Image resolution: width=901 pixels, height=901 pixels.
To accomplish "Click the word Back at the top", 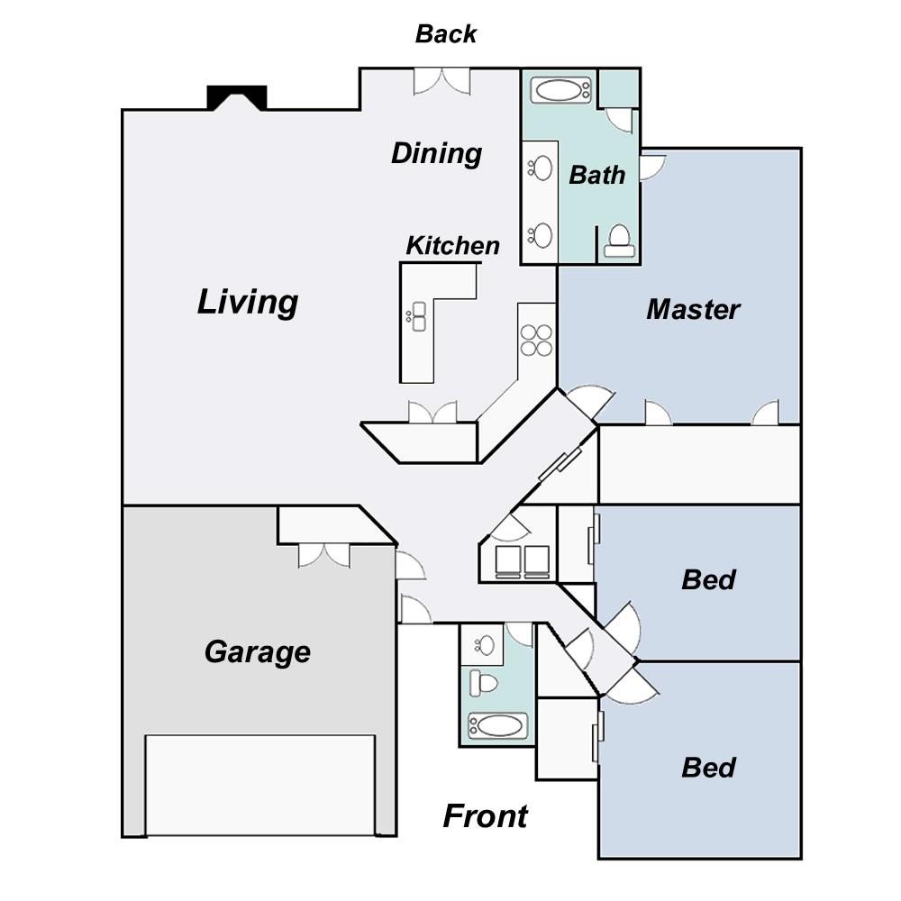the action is (445, 34).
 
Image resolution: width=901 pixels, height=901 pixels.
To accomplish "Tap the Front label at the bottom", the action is (485, 816).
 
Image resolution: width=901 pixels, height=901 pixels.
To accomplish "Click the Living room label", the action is (248, 302).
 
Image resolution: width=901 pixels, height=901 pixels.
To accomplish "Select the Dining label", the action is (437, 154).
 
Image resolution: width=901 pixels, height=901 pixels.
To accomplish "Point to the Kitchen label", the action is (453, 246).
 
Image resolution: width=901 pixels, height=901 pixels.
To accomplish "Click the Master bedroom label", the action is (693, 309).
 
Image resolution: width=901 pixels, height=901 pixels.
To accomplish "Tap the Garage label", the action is (258, 652).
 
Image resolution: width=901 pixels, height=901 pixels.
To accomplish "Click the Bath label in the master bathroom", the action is (597, 176).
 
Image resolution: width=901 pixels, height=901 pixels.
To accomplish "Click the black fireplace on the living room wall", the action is (237, 97).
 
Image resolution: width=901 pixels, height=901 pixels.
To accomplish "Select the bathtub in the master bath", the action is (560, 90).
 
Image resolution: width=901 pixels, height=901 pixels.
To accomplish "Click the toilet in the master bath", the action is (619, 241).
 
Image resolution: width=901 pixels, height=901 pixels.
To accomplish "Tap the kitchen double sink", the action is (418, 316).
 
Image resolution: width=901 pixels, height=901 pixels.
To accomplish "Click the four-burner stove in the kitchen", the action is (536, 341).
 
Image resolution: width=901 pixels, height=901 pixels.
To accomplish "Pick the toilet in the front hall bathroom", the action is (484, 683).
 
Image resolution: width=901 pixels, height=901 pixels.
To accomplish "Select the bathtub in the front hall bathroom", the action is (497, 725).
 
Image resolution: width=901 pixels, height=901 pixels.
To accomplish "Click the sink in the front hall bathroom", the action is (486, 644).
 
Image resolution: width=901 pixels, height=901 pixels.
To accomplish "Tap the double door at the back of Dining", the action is (441, 81).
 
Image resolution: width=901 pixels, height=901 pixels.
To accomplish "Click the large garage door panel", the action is (259, 785).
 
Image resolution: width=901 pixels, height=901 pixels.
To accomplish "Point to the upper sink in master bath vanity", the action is (540, 169).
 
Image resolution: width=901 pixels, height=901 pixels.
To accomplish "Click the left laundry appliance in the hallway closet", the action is (508, 561).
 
